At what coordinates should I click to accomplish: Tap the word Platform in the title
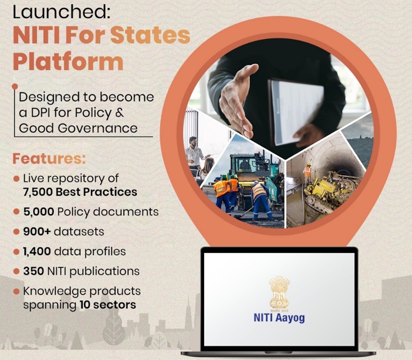click(68, 62)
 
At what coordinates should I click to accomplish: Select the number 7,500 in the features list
click(38, 192)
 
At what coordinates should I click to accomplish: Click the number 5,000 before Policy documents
click(38, 212)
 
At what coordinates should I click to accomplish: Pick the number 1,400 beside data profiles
click(37, 251)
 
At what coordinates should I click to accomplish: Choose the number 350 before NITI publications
click(33, 271)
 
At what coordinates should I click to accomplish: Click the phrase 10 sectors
click(108, 305)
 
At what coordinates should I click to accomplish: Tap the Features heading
click(49, 159)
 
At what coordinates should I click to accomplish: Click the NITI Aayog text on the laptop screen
click(279, 317)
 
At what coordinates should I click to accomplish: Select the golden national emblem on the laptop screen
click(279, 292)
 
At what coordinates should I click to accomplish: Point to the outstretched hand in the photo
click(238, 100)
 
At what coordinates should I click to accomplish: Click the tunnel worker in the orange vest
click(308, 174)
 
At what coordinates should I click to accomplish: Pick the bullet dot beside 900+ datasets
click(16, 232)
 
